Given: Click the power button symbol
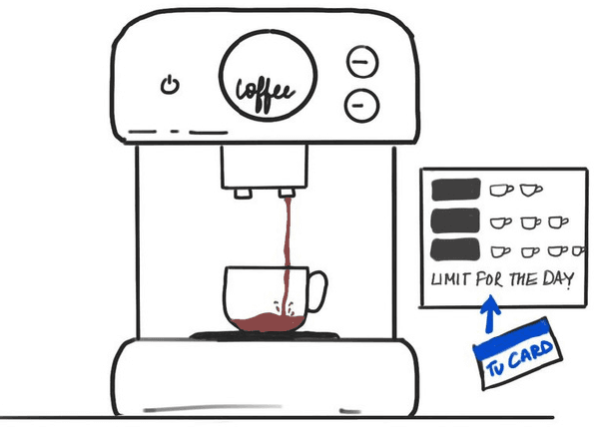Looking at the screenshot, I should tap(169, 84).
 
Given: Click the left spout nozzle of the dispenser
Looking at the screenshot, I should tap(241, 191).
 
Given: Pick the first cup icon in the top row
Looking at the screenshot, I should tap(499, 189).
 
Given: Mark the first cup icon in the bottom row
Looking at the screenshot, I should tap(499, 250).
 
